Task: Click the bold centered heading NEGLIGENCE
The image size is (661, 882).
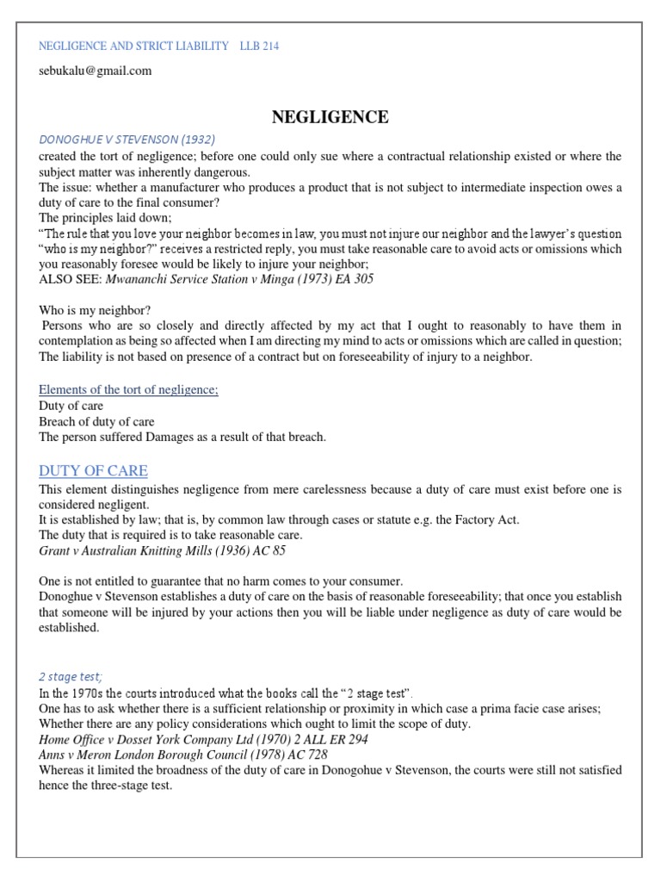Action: pyautogui.click(x=330, y=117)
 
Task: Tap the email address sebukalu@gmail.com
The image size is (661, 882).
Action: pyautogui.click(x=96, y=71)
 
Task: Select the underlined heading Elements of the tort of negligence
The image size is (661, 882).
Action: pyautogui.click(x=129, y=390)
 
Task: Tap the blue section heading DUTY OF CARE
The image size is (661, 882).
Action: pyautogui.click(x=93, y=471)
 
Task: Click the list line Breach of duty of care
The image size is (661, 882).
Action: pyautogui.click(x=97, y=421)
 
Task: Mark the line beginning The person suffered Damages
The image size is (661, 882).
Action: pyautogui.click(x=182, y=437)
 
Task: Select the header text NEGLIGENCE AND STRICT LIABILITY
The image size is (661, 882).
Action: pyautogui.click(x=134, y=46)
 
